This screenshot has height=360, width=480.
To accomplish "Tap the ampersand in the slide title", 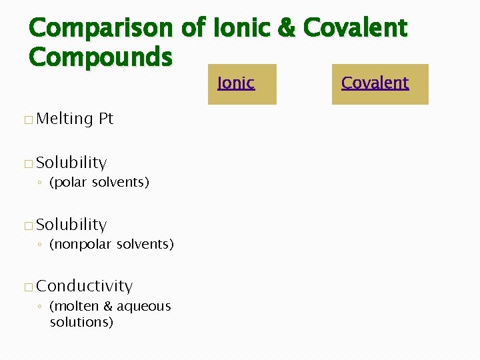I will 287,28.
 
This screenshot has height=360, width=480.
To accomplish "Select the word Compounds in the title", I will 100,57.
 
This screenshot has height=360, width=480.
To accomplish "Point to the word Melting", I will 65,119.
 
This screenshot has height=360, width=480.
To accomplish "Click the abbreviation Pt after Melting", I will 106,119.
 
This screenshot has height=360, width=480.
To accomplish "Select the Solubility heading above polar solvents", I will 71,163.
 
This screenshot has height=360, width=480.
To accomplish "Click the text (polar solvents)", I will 99,182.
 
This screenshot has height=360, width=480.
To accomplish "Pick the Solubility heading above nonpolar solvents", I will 71,225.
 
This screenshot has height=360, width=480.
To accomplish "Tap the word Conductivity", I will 85,286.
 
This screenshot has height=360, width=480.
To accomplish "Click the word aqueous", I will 144,307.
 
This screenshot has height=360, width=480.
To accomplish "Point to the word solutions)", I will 81,322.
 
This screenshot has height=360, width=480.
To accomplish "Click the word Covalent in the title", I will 355,28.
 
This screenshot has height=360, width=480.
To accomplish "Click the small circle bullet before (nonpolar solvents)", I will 41,245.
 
